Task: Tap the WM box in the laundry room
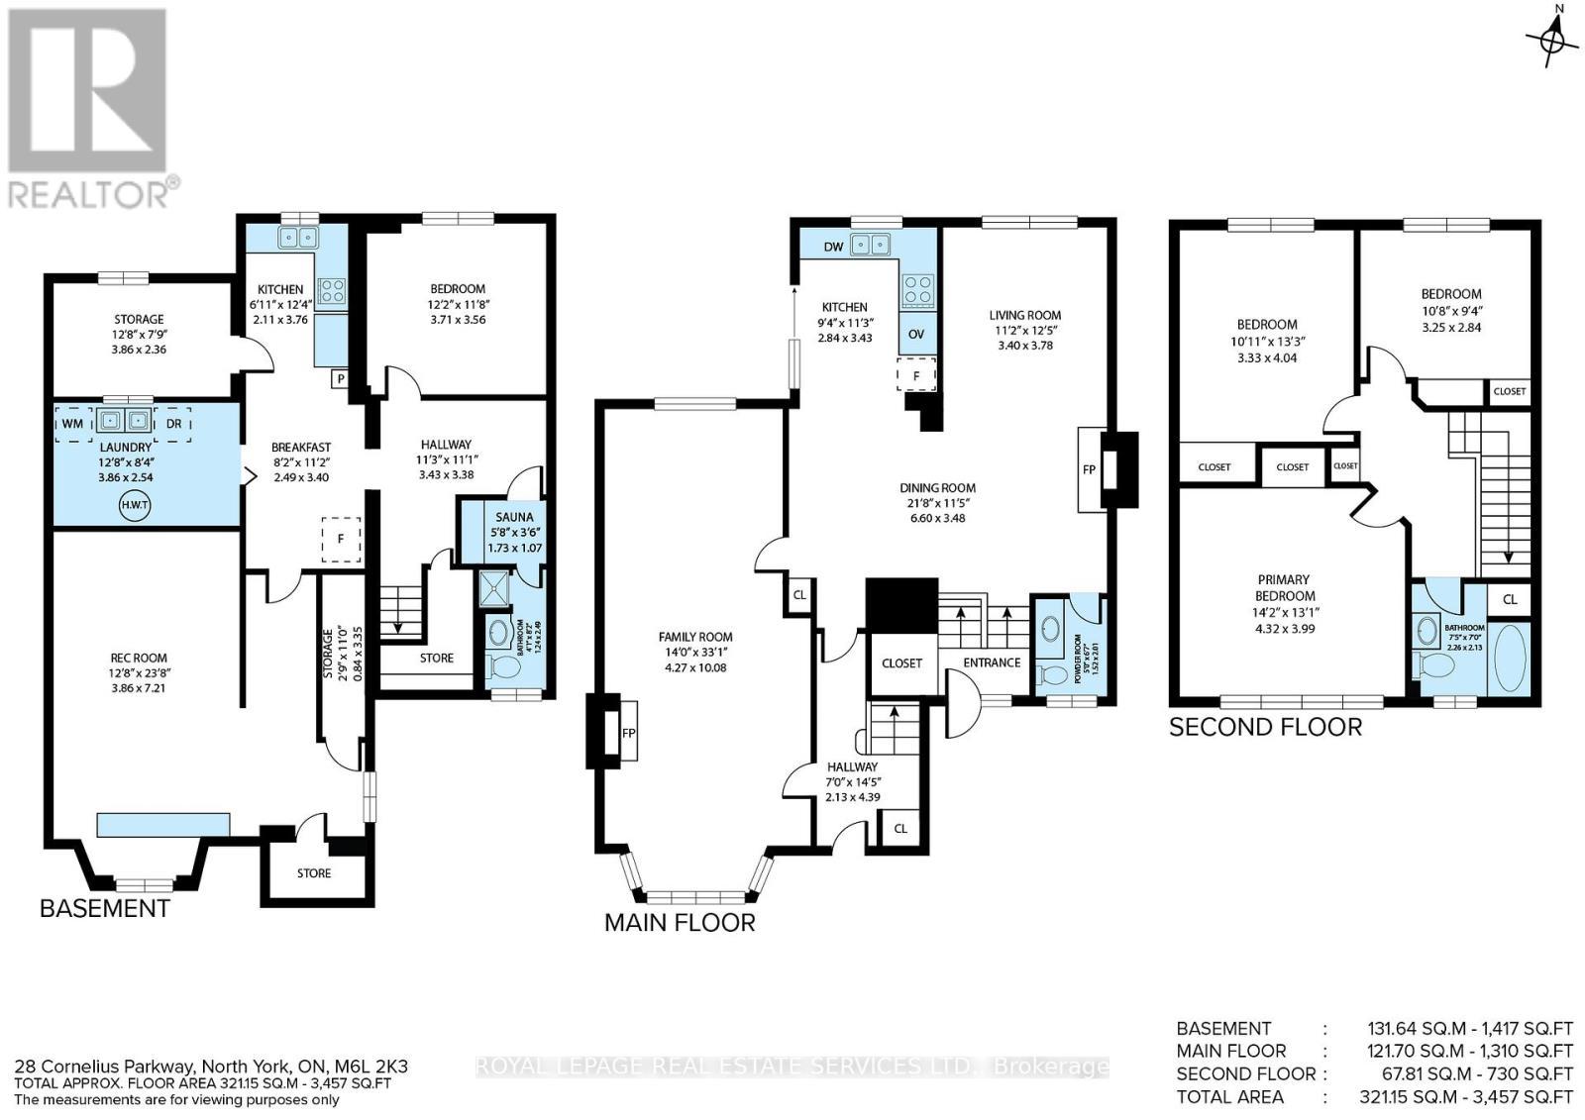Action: click(72, 423)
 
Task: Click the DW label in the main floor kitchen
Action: click(833, 246)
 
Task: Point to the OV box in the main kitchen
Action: click(916, 334)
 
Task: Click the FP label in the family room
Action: click(628, 734)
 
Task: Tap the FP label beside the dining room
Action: click(1090, 469)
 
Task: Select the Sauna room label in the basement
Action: click(515, 517)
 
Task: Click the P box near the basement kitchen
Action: click(340, 377)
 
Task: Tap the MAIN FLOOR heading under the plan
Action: click(680, 923)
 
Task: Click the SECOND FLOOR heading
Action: click(1265, 727)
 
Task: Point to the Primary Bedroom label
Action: click(1284, 587)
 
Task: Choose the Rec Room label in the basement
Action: click(138, 658)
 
